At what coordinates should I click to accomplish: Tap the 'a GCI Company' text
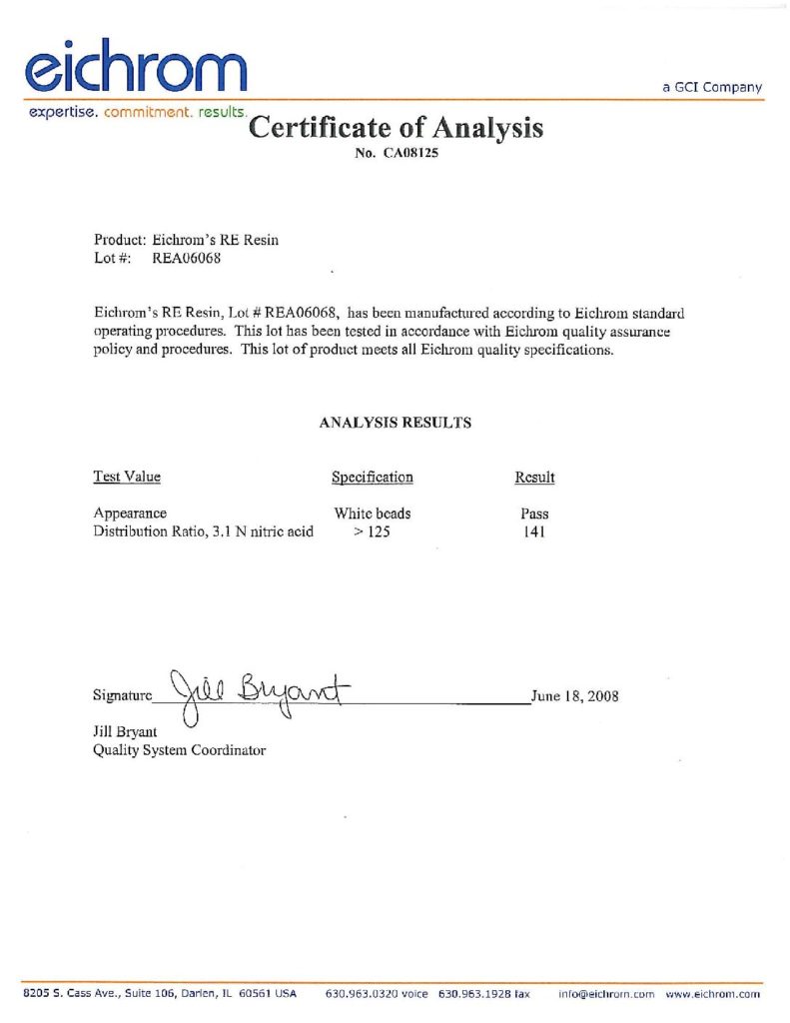tap(712, 88)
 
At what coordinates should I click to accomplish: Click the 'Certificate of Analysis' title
tap(395, 128)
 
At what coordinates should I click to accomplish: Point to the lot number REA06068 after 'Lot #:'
tap(186, 258)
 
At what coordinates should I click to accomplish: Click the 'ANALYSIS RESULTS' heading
tap(395, 423)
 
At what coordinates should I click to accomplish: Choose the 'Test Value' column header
tap(127, 477)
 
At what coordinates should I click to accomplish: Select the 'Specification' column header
tap(372, 478)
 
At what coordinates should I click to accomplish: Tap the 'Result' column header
tap(534, 478)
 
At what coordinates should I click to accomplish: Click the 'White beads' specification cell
tap(372, 513)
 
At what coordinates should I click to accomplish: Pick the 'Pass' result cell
tap(534, 513)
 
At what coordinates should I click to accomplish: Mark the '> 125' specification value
tap(371, 531)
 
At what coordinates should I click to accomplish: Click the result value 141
tap(534, 531)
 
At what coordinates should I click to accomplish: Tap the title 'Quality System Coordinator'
tap(180, 750)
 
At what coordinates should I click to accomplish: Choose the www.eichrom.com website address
tap(713, 995)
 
